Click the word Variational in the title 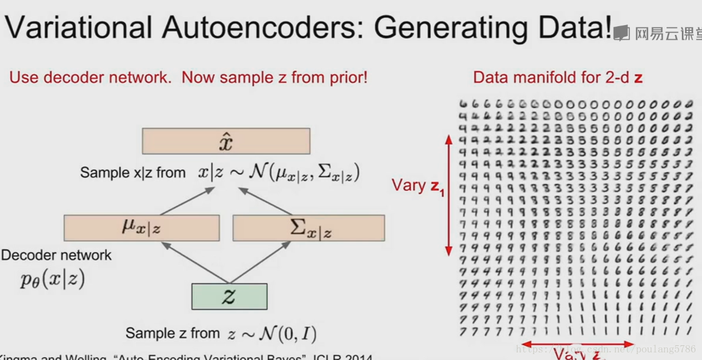click(x=78, y=27)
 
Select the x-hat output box click(x=226, y=141)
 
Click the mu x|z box click(x=141, y=228)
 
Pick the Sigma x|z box click(x=309, y=228)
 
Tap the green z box click(x=229, y=296)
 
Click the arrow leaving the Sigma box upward click(x=265, y=201)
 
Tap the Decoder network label click(x=56, y=255)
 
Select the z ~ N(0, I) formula click(x=272, y=333)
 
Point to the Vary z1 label click(x=418, y=186)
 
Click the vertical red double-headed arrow click(x=449, y=195)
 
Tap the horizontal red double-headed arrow click(x=575, y=344)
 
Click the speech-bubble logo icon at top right click(x=621, y=33)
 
